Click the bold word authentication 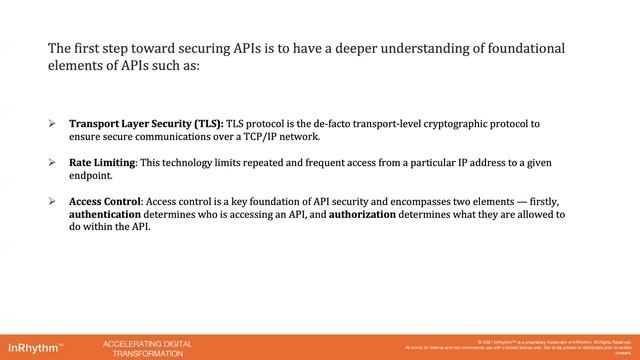pos(110,214)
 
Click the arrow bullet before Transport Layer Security pos(52,123)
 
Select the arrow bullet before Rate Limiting pos(52,162)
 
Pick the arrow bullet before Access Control pos(52,201)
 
